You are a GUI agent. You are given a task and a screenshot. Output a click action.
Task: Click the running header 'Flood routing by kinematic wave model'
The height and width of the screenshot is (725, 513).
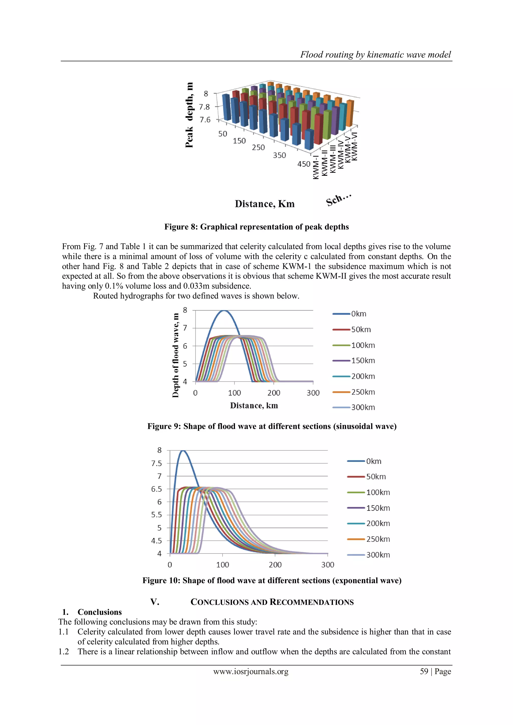tap(375, 55)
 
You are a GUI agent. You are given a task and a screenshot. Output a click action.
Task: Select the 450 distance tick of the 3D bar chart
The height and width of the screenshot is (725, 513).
tap(304, 164)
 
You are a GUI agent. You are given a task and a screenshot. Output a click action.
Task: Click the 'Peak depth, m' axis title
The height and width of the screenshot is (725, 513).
tap(189, 115)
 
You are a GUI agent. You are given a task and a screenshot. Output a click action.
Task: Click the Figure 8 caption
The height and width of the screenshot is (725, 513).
tap(256, 227)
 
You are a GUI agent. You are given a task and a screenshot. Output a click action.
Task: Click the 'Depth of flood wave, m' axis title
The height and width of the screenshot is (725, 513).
tap(175, 355)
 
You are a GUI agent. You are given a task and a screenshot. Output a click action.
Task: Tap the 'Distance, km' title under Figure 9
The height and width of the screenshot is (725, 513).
tap(254, 406)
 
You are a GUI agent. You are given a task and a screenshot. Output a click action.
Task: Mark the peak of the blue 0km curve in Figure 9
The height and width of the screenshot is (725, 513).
tap(224, 311)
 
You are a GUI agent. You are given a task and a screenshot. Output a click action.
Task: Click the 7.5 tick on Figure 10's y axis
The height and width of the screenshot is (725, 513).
tap(156, 463)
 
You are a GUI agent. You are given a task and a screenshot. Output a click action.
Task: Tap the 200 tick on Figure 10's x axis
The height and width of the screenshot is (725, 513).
tap(275, 565)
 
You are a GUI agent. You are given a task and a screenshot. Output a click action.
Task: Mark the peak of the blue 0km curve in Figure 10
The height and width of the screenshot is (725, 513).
tap(183, 451)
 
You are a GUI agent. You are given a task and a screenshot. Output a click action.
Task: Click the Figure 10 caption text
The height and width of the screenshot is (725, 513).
tap(272, 580)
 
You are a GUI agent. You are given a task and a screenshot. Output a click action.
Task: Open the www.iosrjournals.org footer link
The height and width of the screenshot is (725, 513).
tap(251, 671)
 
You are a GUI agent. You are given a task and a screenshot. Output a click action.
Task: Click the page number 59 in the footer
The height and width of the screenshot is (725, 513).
tap(424, 671)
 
